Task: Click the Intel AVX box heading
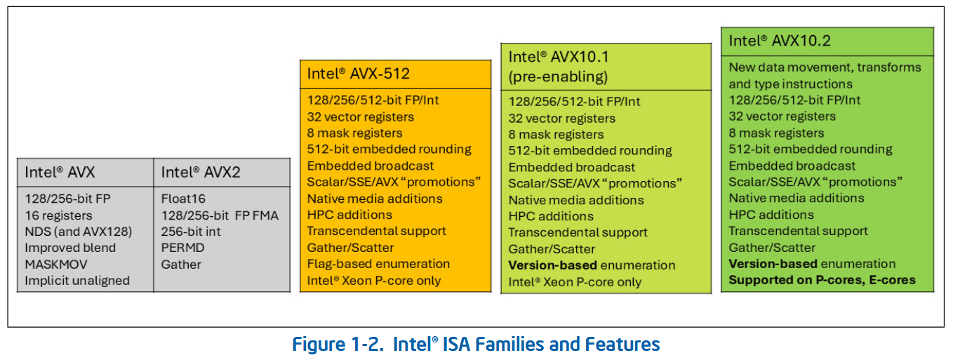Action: [60, 172]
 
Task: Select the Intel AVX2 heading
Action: [201, 172]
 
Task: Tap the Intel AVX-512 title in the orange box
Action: [358, 74]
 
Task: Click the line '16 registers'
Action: [58, 215]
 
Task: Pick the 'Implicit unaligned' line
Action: [77, 281]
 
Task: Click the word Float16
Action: [183, 199]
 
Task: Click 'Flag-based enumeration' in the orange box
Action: [378, 264]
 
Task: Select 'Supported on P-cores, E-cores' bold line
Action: [822, 280]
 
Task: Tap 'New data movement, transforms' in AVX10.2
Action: [825, 67]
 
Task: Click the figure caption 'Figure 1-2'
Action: [476, 345]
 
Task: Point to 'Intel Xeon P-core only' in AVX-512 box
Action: [373, 281]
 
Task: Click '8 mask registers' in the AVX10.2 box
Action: [776, 133]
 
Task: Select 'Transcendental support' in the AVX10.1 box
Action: [578, 232]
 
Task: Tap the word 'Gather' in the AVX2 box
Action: [181, 265]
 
